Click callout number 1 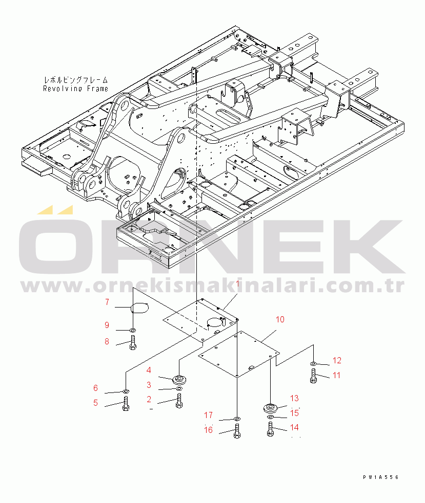[238, 283]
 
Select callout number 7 [107, 302]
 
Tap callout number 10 [280, 320]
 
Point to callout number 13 [294, 398]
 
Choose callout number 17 [209, 415]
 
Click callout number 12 [337, 360]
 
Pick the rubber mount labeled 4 [179, 380]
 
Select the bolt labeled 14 [270, 428]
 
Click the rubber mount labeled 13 [270, 408]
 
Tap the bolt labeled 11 [313, 376]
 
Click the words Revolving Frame [76, 88]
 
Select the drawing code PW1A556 [380, 477]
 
